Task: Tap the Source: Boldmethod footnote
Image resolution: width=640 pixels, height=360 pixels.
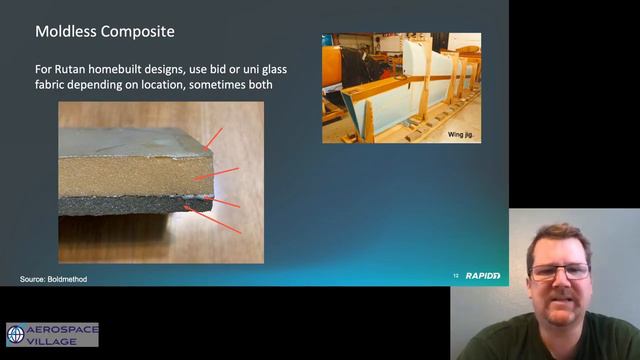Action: coord(54,279)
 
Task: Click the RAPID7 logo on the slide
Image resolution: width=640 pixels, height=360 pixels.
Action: coord(483,275)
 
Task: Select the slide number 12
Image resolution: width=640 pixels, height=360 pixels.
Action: coord(456,275)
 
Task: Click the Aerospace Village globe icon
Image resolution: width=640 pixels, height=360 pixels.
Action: coord(16,334)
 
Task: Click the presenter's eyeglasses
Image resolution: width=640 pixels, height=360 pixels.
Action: coord(556,271)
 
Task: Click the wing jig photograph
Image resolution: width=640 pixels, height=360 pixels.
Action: coord(401,87)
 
